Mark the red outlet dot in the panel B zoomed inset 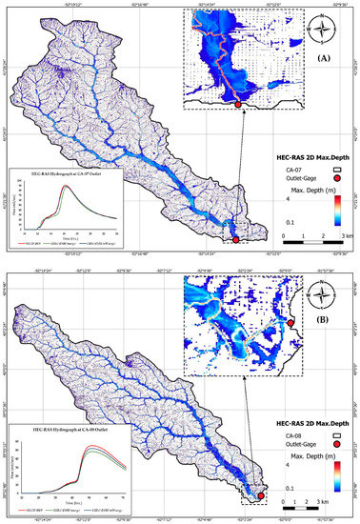290,324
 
